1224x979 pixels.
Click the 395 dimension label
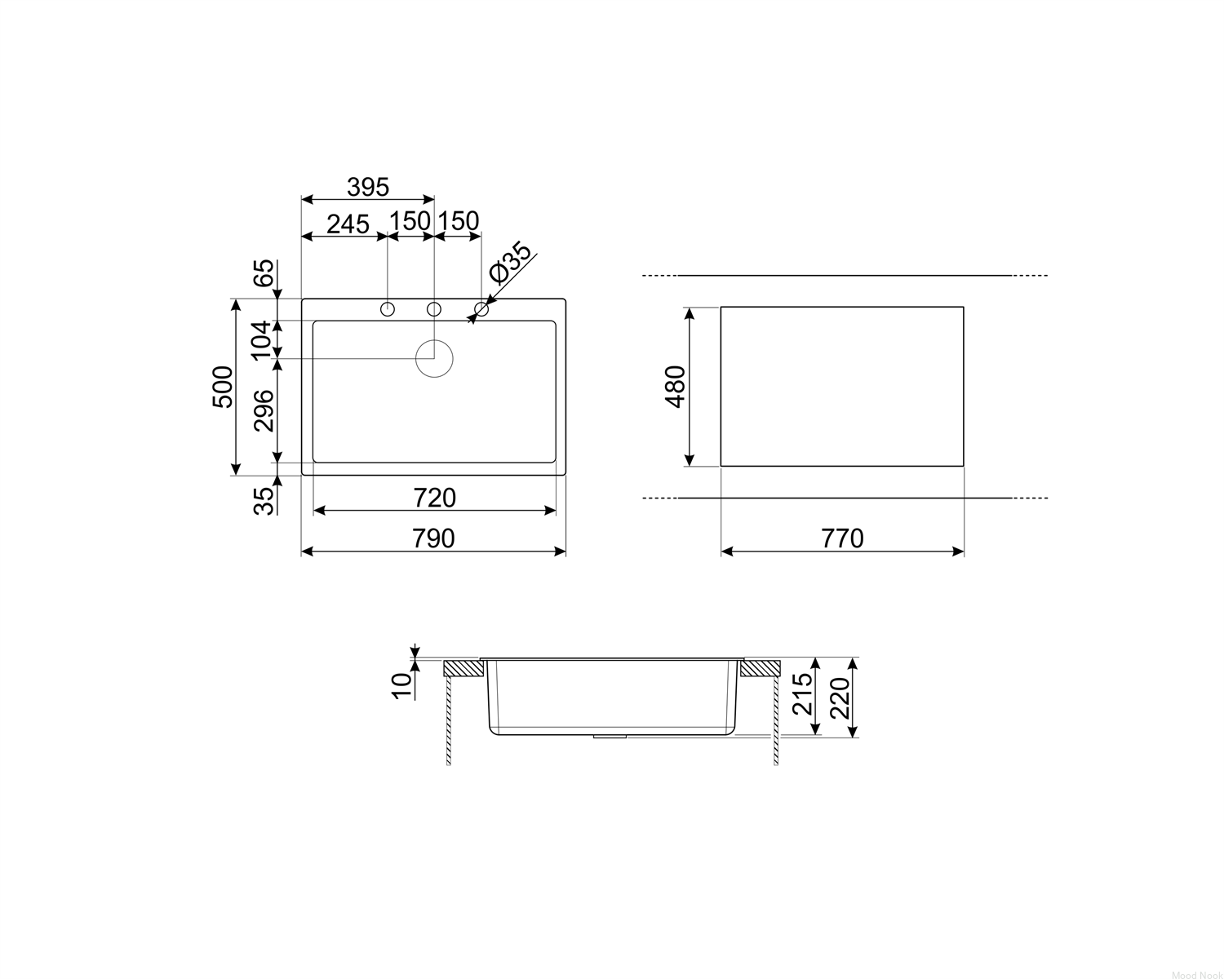point(368,187)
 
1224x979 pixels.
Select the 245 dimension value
point(348,224)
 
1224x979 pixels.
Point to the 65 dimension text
point(264,273)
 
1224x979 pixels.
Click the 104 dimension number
point(262,340)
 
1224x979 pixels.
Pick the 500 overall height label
point(223,387)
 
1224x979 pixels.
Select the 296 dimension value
point(264,410)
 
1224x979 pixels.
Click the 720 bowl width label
point(435,498)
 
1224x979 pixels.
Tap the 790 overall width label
point(433,538)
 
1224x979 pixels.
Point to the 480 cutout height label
point(675,387)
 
